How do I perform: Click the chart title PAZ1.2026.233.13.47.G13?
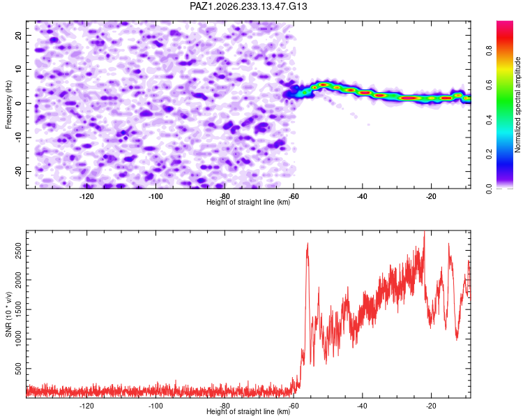248,6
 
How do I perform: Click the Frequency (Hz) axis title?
8,105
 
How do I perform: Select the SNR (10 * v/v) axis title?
8,314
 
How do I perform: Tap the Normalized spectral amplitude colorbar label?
517,105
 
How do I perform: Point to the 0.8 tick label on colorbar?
489,51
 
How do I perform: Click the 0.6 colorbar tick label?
489,85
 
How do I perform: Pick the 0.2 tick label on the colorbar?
489,154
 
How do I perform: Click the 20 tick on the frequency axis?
19,35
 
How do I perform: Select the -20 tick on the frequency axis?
19,171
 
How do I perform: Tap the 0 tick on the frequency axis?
19,103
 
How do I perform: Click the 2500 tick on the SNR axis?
19,250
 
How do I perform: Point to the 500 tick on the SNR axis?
19,369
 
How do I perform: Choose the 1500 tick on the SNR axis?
19,309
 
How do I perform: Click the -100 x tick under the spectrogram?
156,196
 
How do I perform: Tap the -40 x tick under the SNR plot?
362,406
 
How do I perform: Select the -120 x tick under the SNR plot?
86,406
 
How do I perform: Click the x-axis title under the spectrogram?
248,202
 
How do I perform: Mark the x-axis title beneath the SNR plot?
248,411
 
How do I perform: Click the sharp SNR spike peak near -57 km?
308,243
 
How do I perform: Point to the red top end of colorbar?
505,22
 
